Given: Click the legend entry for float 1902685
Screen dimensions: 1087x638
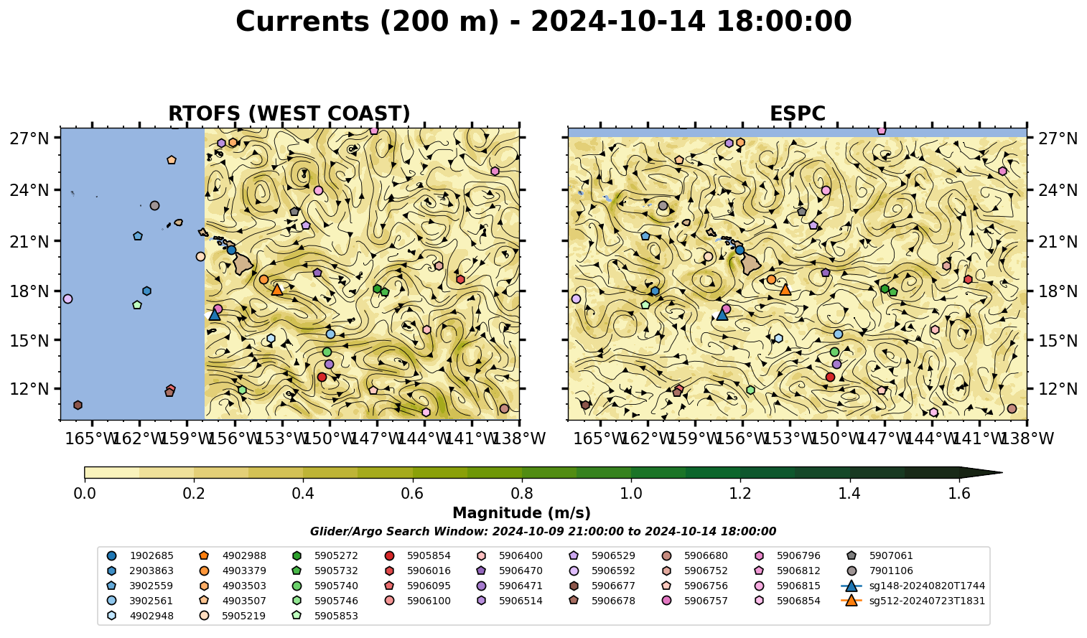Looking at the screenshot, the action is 141,556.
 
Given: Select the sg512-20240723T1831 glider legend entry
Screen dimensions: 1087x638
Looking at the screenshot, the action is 913,601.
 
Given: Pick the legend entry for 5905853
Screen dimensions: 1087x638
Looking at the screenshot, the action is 325,616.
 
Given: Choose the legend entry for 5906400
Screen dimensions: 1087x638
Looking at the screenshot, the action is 510,556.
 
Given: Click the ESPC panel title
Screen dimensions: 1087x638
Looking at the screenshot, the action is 797,113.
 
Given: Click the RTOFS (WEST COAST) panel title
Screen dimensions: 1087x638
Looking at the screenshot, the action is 289,113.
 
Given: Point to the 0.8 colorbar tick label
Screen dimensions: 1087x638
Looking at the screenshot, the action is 522,494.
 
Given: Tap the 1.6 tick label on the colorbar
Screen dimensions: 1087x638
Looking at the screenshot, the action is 959,494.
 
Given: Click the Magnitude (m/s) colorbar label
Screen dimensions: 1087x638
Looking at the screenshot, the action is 522,513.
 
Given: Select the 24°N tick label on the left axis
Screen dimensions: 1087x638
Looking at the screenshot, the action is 29,189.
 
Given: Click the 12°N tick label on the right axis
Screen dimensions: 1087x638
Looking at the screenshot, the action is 1057,389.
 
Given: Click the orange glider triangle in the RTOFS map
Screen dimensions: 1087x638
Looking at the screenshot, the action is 277,290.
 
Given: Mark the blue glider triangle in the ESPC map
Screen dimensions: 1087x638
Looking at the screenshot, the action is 722,314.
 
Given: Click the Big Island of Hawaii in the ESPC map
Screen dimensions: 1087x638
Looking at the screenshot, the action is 751,264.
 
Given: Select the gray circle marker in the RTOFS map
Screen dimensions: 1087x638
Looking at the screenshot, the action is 155,206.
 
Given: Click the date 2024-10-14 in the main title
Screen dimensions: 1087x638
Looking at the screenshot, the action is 617,22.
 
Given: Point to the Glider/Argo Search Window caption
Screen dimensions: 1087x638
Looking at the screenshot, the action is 543,532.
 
